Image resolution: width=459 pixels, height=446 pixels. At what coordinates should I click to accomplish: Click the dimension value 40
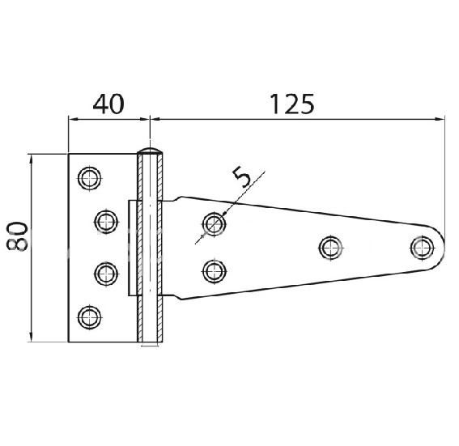109,104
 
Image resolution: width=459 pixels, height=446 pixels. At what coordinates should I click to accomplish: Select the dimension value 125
288,104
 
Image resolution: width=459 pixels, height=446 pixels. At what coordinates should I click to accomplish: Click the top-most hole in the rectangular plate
88,177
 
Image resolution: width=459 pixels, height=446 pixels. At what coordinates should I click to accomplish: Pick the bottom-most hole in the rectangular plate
88,315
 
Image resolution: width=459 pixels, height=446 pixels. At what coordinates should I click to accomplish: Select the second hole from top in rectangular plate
105,220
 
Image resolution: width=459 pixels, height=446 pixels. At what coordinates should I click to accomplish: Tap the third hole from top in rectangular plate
105,273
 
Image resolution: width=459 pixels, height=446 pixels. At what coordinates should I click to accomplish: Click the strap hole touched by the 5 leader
214,223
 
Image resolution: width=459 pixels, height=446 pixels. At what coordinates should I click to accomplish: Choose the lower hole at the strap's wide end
214,269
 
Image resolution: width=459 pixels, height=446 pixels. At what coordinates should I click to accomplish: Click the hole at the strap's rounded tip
421,246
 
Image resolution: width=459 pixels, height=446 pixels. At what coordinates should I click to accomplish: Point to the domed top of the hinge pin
150,151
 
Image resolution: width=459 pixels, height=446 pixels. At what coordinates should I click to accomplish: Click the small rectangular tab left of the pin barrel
131,247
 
